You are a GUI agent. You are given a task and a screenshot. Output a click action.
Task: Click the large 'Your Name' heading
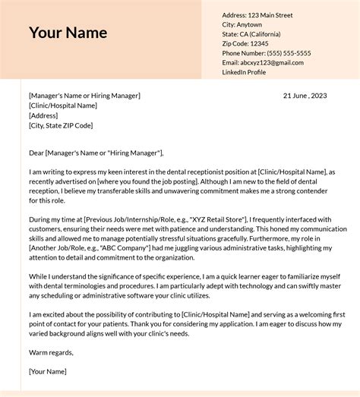[68, 33]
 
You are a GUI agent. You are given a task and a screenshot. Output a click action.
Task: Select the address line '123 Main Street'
[271, 15]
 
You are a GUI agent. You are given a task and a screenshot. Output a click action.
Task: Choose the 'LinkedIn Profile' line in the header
[244, 72]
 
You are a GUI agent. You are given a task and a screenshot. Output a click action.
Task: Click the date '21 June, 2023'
[305, 96]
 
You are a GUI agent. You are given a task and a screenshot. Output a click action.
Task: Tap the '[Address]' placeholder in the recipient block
[43, 115]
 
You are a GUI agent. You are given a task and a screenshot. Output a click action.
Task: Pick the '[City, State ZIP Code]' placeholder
[61, 125]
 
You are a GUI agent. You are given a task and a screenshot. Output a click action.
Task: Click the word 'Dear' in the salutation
[36, 153]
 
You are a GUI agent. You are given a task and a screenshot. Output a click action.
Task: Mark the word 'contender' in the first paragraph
[312, 192]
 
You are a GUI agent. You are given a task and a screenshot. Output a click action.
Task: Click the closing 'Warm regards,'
[51, 351]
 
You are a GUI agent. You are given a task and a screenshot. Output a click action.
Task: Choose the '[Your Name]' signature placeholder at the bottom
[48, 371]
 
